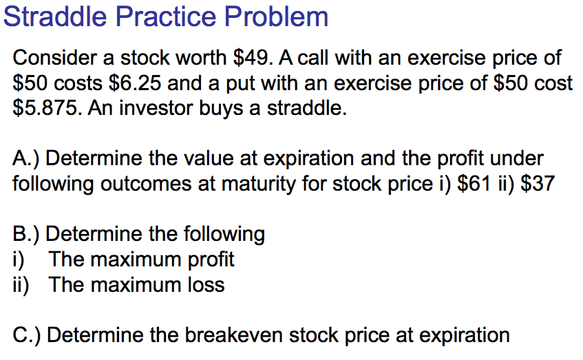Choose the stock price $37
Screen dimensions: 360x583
538,184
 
